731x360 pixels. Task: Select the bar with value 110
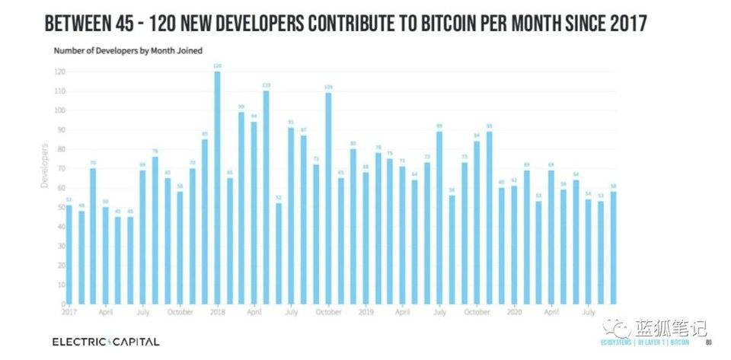(x=267, y=197)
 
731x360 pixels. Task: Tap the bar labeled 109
(x=328, y=198)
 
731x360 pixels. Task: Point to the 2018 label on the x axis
(x=217, y=311)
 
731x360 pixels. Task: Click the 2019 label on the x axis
(x=365, y=311)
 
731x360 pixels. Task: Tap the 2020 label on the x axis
(x=514, y=311)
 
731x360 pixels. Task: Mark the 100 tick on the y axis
(x=59, y=110)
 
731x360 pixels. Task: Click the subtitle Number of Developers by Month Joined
(x=127, y=50)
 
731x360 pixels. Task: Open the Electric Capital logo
(x=106, y=342)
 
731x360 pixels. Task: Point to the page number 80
(x=707, y=343)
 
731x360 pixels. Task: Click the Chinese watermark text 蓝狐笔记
(x=671, y=328)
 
